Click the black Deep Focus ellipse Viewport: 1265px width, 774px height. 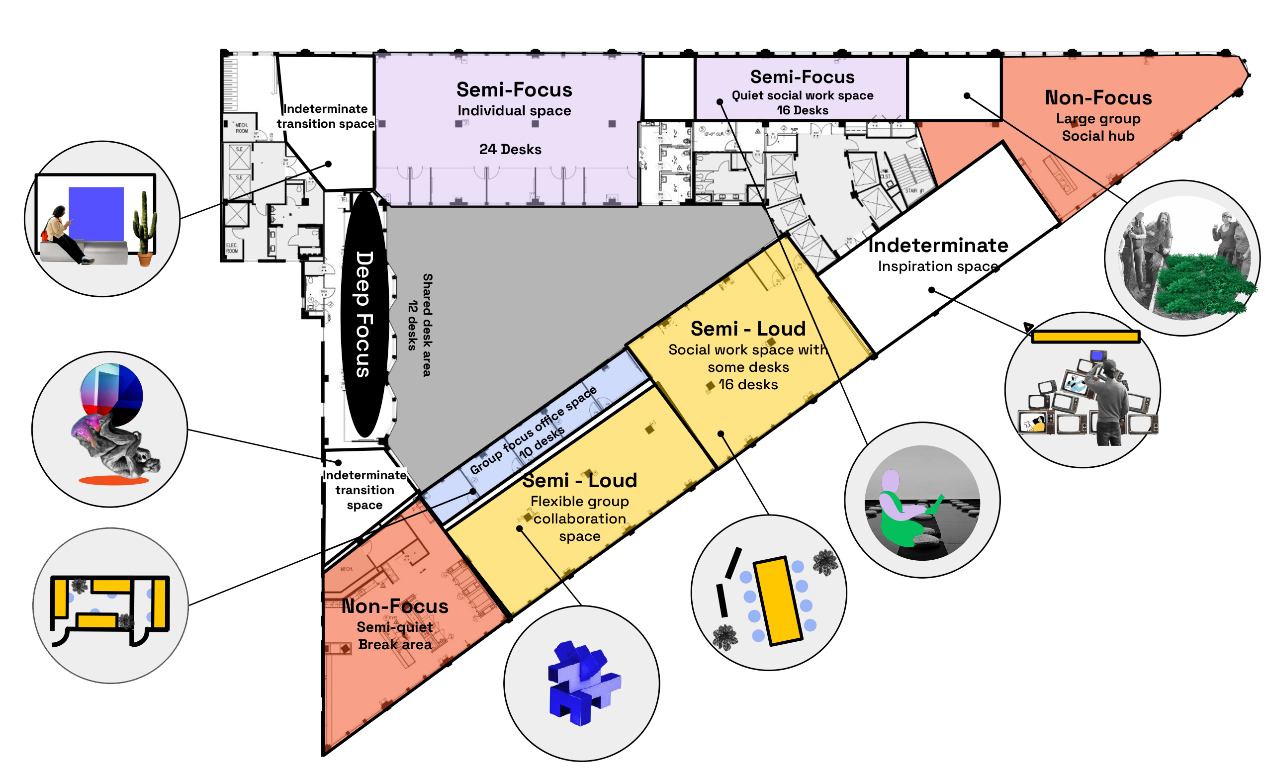tap(363, 314)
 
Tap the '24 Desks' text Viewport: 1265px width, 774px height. tap(510, 149)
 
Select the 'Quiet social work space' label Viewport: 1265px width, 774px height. tap(802, 95)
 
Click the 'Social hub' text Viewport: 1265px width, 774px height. tap(1097, 136)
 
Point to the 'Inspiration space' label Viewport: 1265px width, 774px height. tap(937, 266)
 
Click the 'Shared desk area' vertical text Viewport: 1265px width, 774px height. tap(427, 325)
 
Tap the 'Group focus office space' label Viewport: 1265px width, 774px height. tap(533, 430)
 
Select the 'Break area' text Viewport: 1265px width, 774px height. tap(395, 645)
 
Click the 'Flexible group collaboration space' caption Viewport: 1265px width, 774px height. tap(579, 518)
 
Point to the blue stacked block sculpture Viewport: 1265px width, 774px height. tap(583, 683)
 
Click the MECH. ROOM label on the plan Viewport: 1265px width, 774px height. tap(241, 128)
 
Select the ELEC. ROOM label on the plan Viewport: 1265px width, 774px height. tap(232, 249)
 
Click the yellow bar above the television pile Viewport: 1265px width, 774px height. tap(1085, 337)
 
